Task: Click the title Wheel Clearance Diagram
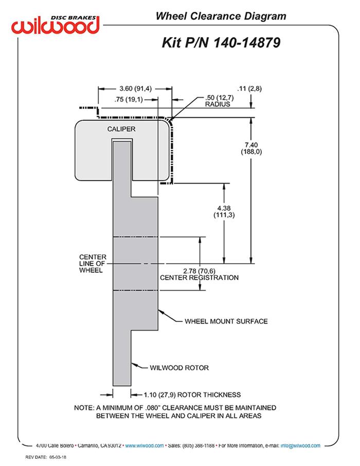(221, 16)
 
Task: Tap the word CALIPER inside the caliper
(121, 129)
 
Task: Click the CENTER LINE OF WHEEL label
(93, 264)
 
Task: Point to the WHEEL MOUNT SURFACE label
(226, 321)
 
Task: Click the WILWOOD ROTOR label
(178, 368)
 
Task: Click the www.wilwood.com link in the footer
(145, 445)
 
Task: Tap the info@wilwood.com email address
(300, 445)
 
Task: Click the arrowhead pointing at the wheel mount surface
(160, 311)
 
